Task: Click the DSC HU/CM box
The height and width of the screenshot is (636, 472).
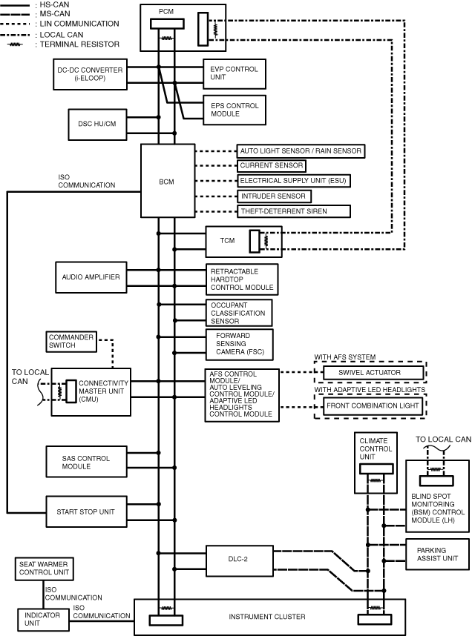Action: point(97,124)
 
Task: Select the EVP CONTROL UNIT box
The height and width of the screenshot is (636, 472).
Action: point(235,74)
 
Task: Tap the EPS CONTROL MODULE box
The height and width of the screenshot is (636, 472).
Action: point(235,110)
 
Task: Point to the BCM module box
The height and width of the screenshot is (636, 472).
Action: point(168,181)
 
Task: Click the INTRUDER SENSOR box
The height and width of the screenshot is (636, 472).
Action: point(274,196)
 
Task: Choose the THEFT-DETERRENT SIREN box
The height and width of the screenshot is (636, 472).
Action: point(294,211)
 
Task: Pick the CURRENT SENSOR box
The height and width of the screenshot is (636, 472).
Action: point(272,165)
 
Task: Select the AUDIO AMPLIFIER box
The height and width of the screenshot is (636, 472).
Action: point(91,277)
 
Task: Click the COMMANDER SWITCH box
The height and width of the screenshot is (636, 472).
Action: point(71,342)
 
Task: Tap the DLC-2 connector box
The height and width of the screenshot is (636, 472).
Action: point(239,560)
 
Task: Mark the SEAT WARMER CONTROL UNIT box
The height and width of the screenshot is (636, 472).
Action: point(45,569)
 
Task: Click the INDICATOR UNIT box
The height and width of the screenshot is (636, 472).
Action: point(42,620)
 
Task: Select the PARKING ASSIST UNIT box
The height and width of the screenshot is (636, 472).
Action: point(437,554)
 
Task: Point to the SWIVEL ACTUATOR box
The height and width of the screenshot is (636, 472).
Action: point(373,372)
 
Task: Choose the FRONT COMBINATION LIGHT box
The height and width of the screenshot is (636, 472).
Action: point(373,405)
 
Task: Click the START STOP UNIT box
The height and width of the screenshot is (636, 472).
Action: point(86,512)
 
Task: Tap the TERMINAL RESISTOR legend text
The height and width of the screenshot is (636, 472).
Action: point(79,44)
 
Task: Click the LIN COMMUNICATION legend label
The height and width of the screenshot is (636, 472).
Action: point(79,24)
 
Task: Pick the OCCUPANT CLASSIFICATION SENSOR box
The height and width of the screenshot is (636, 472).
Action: point(239,313)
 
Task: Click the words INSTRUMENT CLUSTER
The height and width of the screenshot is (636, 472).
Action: point(267,617)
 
